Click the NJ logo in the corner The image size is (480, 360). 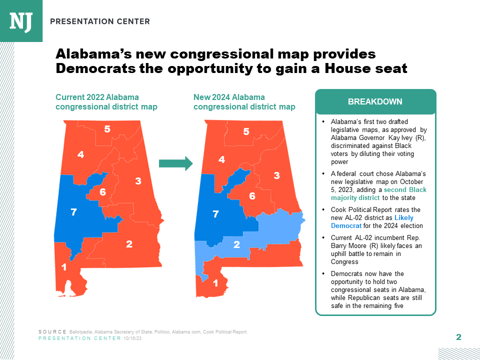(x=21, y=20)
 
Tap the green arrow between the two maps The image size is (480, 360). (x=175, y=163)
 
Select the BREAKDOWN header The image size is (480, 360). (x=375, y=101)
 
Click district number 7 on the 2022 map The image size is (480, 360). (x=73, y=212)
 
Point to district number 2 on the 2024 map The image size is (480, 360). (x=236, y=244)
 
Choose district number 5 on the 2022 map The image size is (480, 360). (x=107, y=129)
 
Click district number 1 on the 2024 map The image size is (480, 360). (x=215, y=283)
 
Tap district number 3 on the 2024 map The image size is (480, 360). (x=276, y=175)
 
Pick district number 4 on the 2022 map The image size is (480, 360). (x=80, y=155)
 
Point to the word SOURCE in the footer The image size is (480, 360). (x=52, y=332)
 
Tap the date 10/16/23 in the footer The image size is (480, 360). (x=133, y=338)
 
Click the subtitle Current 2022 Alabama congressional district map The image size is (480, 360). (x=106, y=101)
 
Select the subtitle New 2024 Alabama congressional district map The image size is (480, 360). (x=244, y=101)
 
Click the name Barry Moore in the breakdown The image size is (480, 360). (x=347, y=246)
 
